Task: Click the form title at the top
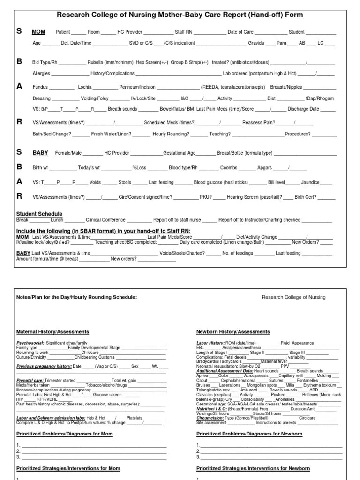click(x=180, y=15)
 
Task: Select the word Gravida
click(x=256, y=43)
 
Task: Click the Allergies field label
click(x=41, y=74)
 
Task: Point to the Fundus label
click(x=40, y=87)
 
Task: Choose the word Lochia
click(x=85, y=87)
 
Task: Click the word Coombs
click(x=229, y=168)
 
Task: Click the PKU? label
click(x=206, y=197)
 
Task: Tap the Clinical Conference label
click(x=106, y=219)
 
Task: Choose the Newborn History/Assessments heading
click(x=233, y=332)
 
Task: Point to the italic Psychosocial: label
click(x=30, y=343)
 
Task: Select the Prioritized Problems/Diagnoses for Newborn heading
click(x=249, y=434)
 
